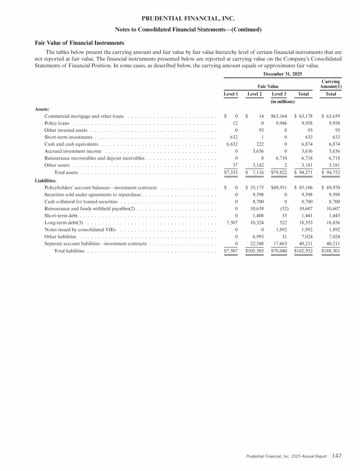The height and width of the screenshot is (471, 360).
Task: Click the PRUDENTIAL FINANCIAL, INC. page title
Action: (180, 19)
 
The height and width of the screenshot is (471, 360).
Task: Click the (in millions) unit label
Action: (283, 101)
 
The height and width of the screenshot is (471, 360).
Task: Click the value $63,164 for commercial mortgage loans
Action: (283, 116)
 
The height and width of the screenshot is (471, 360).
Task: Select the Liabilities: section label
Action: (46, 180)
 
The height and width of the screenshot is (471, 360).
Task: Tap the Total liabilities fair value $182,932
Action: (302, 251)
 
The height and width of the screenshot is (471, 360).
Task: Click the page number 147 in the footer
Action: (337, 455)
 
